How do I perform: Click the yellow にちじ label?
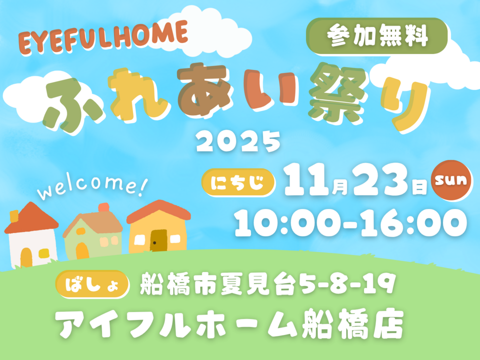point(238,182)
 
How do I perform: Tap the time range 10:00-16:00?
point(350,222)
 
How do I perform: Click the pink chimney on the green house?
point(104,207)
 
